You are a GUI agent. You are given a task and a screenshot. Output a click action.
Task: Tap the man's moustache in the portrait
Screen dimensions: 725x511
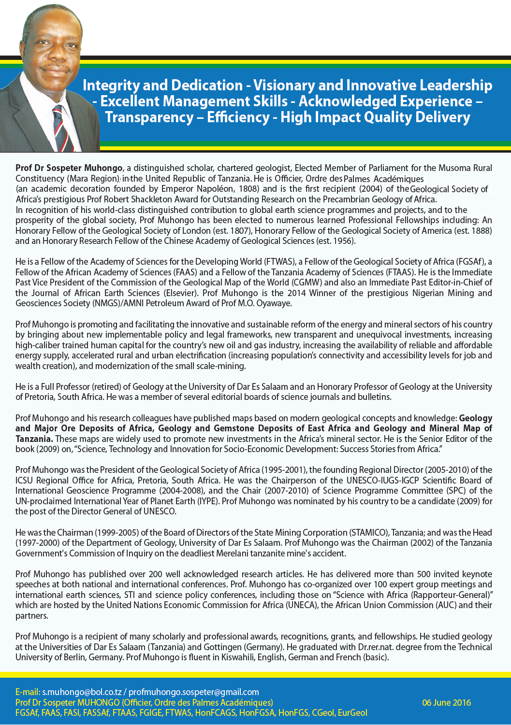pyautogui.click(x=52, y=66)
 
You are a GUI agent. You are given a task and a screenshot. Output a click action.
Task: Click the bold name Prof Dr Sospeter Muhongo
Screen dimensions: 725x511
pyautogui.click(x=69, y=168)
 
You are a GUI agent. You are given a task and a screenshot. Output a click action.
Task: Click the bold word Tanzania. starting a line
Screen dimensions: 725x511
pyautogui.click(x=34, y=439)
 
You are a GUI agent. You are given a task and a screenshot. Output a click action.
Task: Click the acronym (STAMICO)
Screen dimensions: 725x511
pyautogui.click(x=369, y=533)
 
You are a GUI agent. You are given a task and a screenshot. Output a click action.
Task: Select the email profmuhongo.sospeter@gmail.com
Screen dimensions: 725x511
pyautogui.click(x=194, y=692)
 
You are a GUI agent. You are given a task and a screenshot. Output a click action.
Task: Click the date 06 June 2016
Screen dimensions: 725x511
pyautogui.click(x=446, y=703)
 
